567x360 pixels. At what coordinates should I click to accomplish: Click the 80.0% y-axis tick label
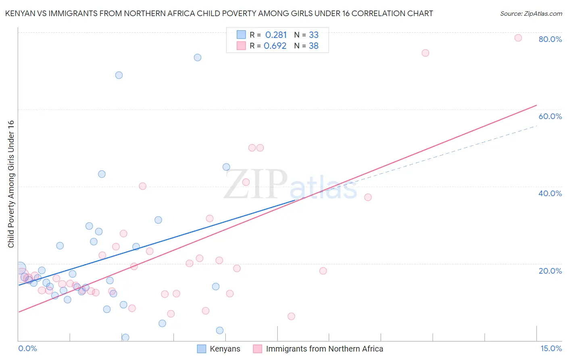[x=550, y=39]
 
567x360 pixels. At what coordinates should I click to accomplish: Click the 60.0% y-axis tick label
[x=550, y=116]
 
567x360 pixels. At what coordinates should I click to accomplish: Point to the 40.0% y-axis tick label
[x=550, y=193]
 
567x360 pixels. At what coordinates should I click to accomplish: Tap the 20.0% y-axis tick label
[x=550, y=271]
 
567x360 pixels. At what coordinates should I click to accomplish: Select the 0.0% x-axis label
[x=27, y=348]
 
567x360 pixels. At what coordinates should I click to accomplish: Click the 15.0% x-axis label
[x=551, y=348]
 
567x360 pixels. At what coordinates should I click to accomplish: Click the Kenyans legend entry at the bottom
[x=225, y=349]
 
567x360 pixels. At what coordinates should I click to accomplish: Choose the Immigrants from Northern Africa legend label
[x=324, y=349]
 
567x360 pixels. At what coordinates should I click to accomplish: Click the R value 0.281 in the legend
[x=276, y=35]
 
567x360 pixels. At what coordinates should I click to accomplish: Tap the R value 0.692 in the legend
[x=275, y=46]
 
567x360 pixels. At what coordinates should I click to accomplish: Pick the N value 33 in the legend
[x=314, y=35]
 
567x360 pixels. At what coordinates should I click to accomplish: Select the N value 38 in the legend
[x=314, y=46]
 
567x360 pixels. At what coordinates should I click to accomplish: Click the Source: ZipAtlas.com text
[x=531, y=14]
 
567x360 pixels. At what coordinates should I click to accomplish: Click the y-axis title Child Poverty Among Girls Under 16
[x=11, y=184]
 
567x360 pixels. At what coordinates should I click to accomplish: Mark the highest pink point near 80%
[x=518, y=38]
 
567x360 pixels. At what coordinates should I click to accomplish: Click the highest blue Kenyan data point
[x=198, y=58]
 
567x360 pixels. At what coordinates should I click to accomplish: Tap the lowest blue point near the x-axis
[x=125, y=337]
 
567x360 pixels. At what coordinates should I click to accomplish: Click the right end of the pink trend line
[x=536, y=105]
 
